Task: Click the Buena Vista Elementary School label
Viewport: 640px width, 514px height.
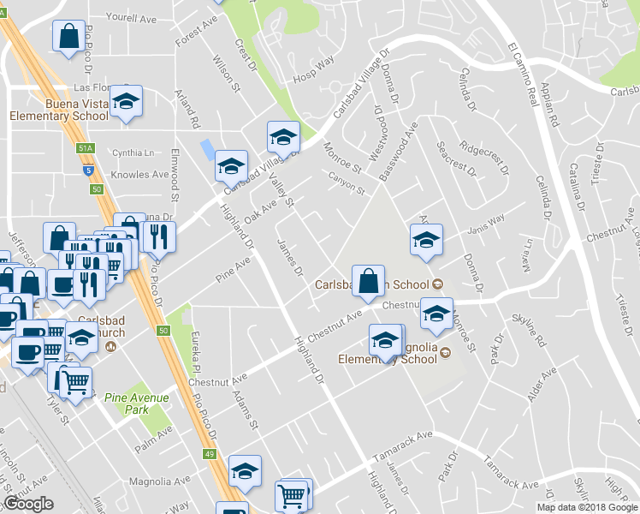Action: (58, 109)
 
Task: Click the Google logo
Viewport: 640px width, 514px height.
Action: (29, 504)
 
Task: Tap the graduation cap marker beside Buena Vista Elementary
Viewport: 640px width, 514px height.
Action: (126, 102)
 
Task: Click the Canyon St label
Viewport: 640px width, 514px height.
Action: (347, 182)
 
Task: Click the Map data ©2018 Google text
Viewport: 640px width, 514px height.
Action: (587, 507)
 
